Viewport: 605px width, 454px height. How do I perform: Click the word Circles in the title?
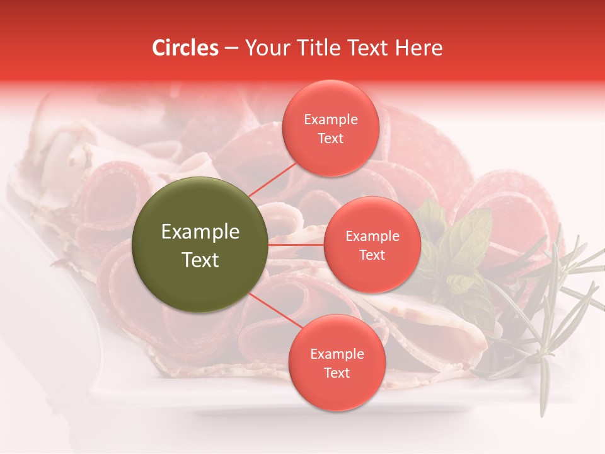[x=185, y=48]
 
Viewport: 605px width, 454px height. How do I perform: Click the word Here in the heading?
[x=419, y=48]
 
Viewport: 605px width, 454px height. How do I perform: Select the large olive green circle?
[x=200, y=245]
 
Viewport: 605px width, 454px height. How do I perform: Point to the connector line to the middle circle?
[x=296, y=245]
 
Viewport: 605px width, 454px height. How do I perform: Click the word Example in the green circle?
[x=200, y=232]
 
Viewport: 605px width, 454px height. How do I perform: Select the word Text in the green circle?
[x=200, y=260]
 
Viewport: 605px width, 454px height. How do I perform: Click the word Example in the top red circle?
[x=330, y=120]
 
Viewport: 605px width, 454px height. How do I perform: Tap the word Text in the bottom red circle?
[x=337, y=373]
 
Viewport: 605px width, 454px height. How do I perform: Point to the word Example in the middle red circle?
[x=372, y=236]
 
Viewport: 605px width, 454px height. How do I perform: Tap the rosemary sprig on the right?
[x=555, y=296]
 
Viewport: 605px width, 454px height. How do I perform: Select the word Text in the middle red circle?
[x=372, y=255]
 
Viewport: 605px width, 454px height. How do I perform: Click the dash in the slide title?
[x=231, y=49]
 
